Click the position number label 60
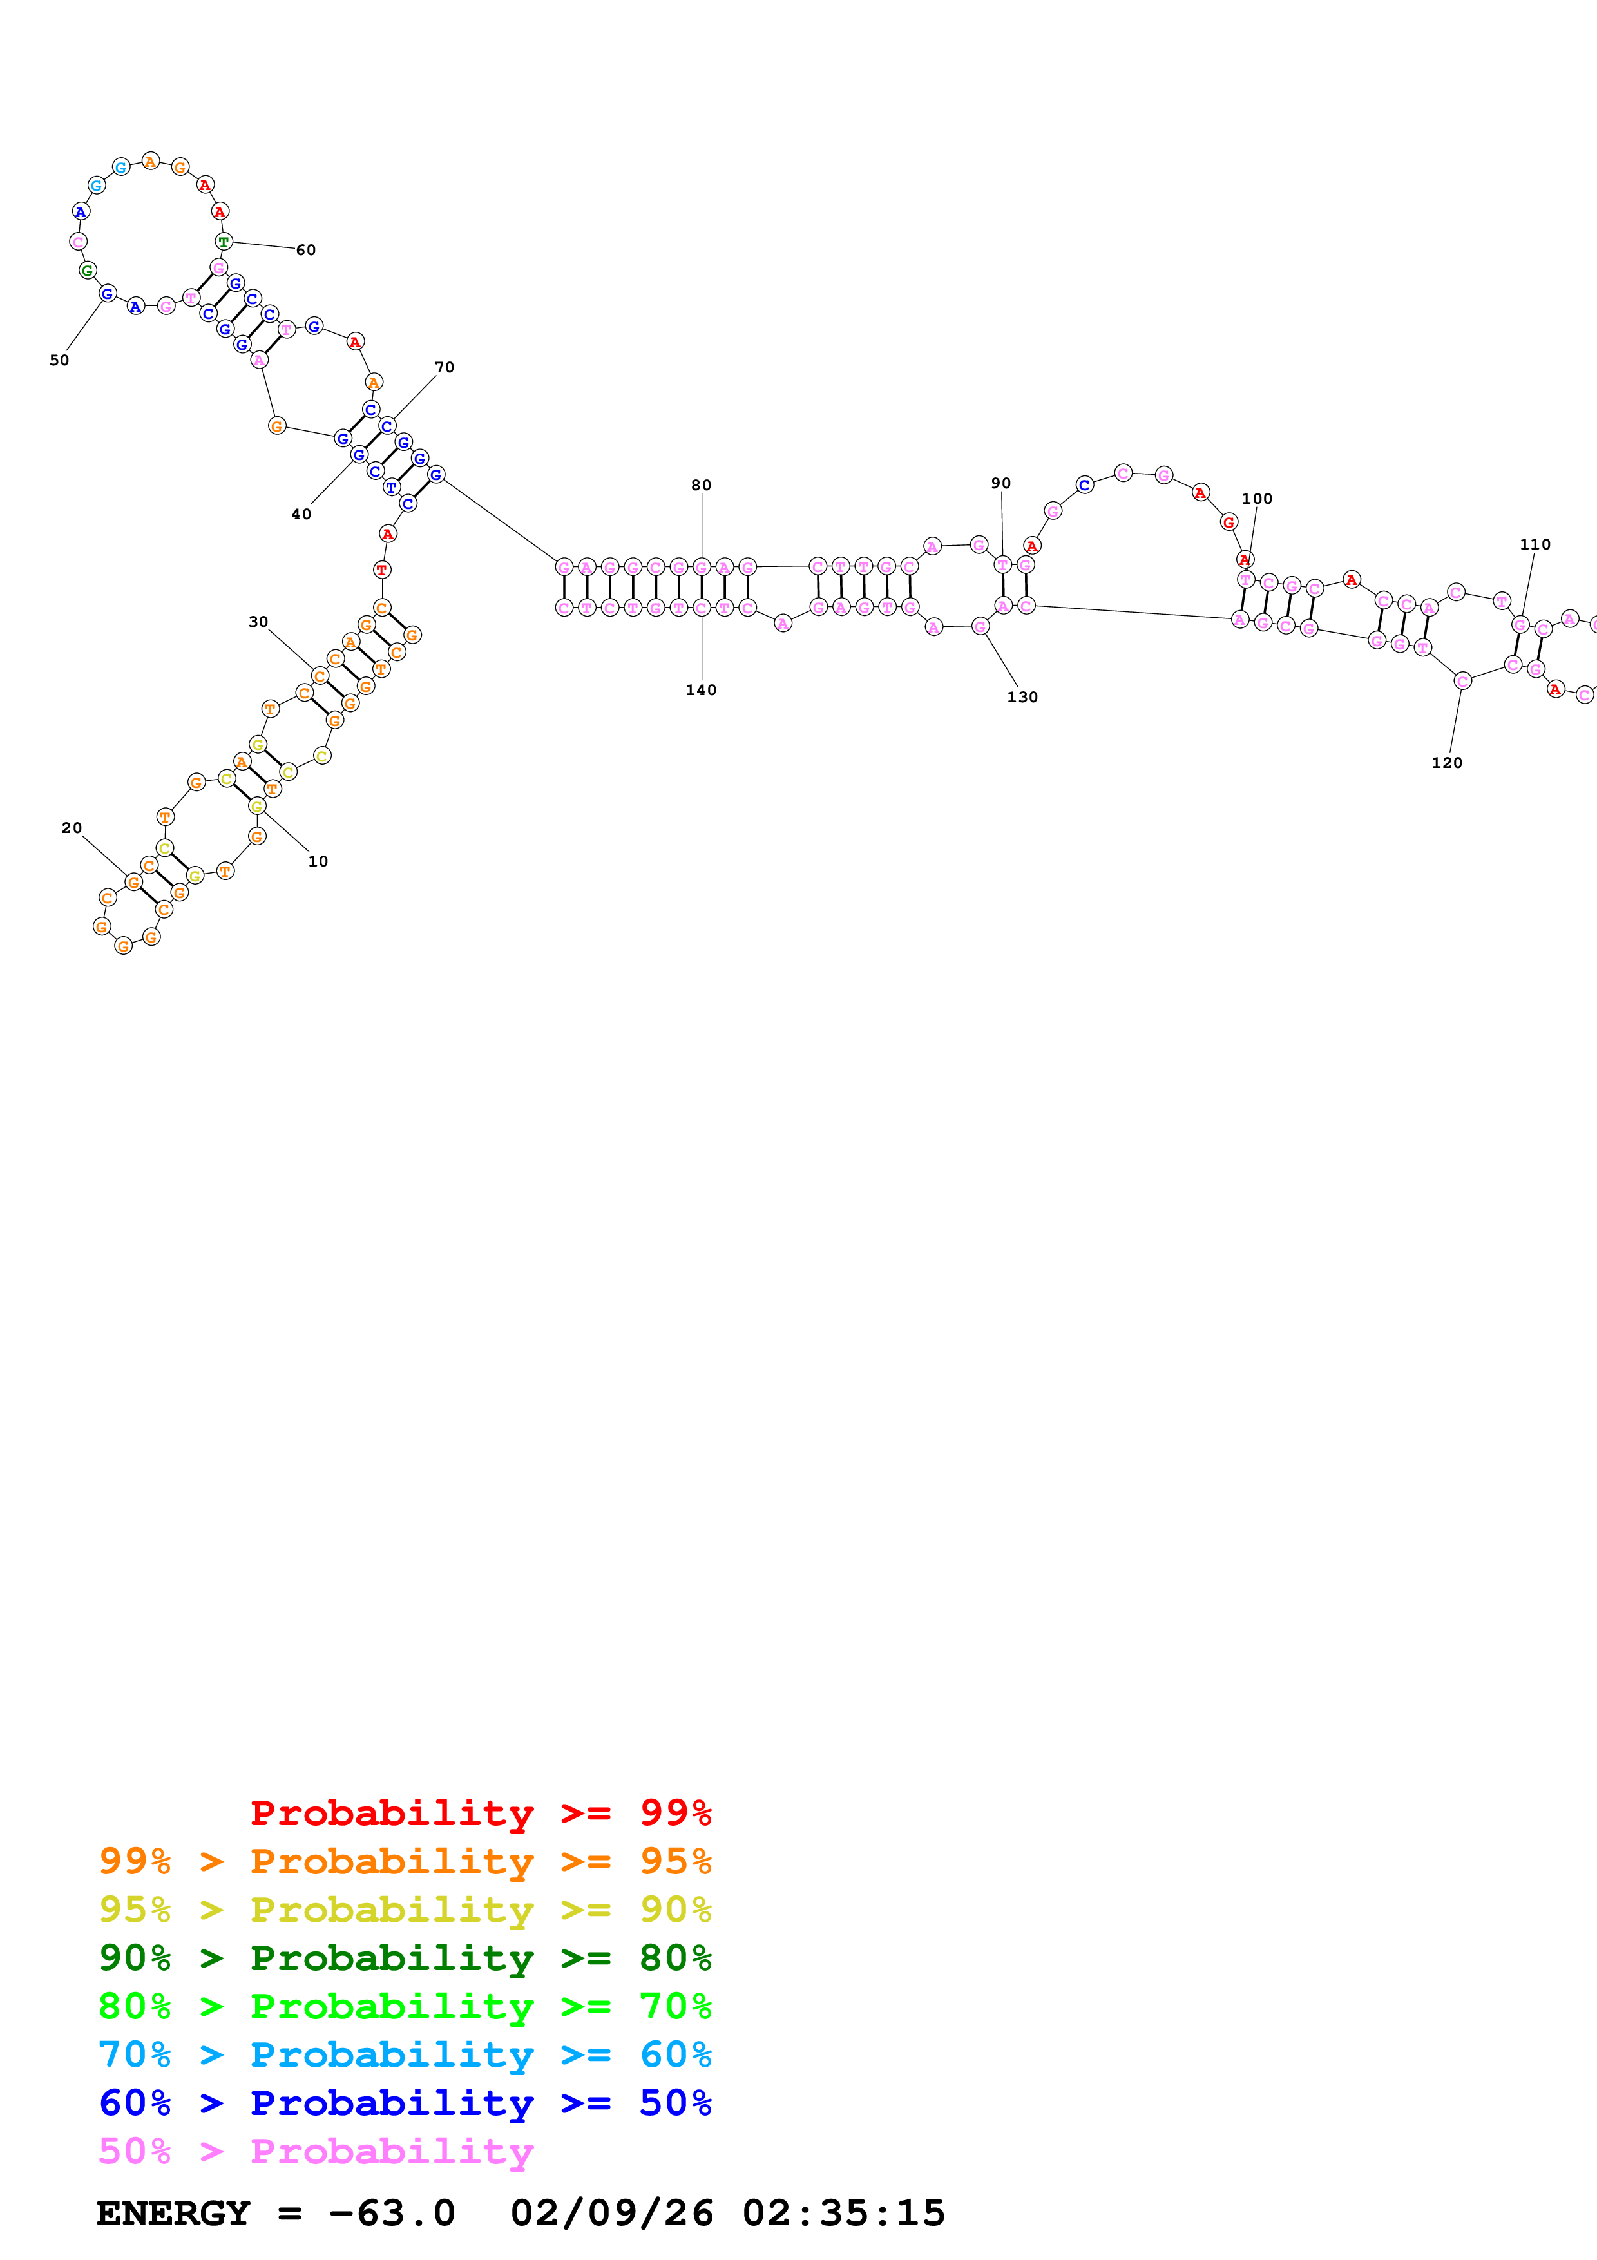click(x=306, y=250)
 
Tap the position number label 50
click(x=59, y=360)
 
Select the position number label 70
click(x=445, y=367)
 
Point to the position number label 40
click(x=301, y=514)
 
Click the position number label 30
click(x=258, y=622)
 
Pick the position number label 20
click(x=72, y=828)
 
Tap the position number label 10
click(x=318, y=861)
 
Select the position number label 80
click(x=701, y=485)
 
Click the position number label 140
click(x=701, y=690)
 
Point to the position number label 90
click(x=1000, y=483)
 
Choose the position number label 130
click(x=1022, y=697)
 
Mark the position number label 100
click(x=1257, y=499)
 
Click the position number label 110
click(x=1535, y=544)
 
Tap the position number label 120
click(x=1446, y=763)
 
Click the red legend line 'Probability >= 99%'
click(x=481, y=1813)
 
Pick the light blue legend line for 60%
click(x=405, y=2054)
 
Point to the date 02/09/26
click(x=611, y=2214)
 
